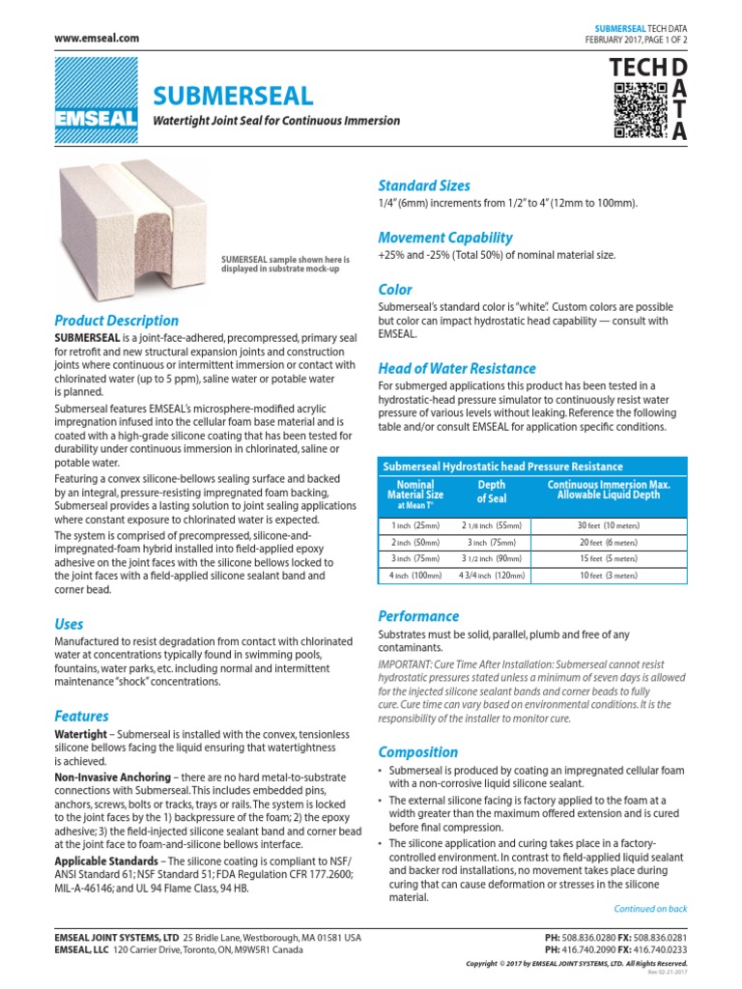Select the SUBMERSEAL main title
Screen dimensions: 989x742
click(233, 96)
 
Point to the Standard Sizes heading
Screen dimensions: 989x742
click(424, 185)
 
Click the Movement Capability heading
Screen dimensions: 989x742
click(444, 238)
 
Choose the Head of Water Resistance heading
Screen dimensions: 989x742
click(456, 368)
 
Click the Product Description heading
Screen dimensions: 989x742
click(116, 321)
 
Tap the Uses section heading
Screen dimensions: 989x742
click(69, 624)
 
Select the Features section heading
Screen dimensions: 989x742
click(81, 717)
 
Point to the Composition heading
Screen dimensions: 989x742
click(417, 751)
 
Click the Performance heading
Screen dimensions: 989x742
click(418, 616)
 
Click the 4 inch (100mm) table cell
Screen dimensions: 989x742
click(414, 576)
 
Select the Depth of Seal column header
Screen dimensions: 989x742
click(491, 492)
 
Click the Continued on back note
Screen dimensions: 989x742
click(650, 909)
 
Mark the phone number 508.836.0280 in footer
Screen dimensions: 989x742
click(593, 938)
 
